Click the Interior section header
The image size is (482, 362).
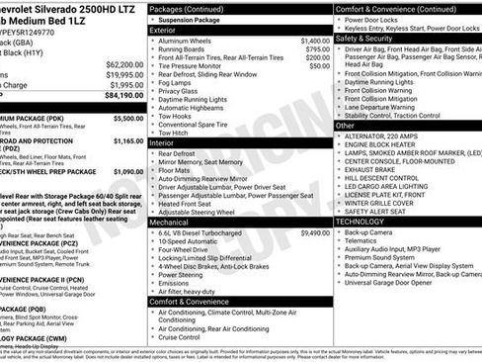click(x=161, y=142)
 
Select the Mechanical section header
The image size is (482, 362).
click(x=169, y=223)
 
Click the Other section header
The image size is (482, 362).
click(x=345, y=126)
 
